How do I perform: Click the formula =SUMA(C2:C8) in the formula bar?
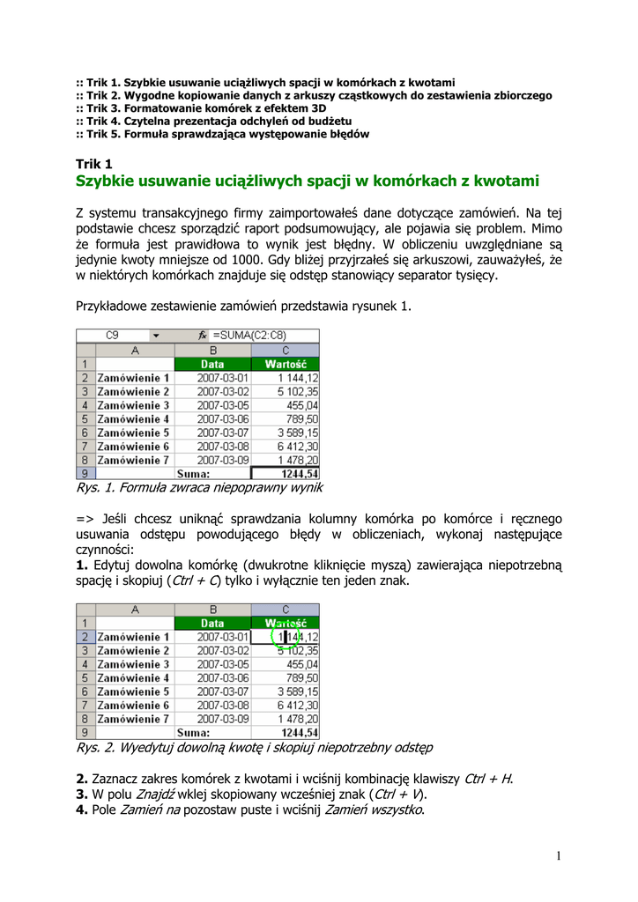click(249, 336)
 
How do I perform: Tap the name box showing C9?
click(112, 336)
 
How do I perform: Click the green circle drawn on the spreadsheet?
click(285, 636)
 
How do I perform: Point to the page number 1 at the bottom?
click(559, 855)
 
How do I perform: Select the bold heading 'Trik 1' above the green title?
click(94, 164)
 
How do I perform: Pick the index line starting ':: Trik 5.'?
click(222, 134)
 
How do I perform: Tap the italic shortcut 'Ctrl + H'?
click(487, 779)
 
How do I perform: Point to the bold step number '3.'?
click(82, 795)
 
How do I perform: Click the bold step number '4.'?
click(82, 810)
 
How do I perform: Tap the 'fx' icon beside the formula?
click(203, 336)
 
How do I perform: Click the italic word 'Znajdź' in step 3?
click(155, 795)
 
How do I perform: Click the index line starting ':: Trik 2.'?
click(314, 94)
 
